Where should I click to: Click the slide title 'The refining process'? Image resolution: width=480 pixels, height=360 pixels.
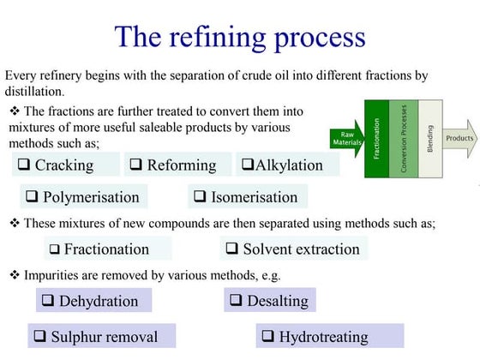coord(240,36)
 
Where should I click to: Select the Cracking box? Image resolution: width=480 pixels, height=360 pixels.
coord(63,165)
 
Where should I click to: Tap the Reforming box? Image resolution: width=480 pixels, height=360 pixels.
coord(178,165)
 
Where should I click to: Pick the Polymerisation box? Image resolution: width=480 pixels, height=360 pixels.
coord(82,196)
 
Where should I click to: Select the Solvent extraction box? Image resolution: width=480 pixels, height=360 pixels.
coord(293,249)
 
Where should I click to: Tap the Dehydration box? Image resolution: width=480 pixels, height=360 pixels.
coord(93,300)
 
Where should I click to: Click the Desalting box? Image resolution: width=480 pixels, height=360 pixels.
coord(270,300)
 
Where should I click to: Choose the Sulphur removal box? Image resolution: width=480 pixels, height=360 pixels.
coord(93,336)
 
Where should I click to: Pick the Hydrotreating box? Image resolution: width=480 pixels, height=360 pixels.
coord(329,336)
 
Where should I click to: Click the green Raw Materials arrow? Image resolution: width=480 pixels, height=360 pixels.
coord(346,138)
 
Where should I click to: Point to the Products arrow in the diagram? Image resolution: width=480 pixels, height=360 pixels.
coord(459,137)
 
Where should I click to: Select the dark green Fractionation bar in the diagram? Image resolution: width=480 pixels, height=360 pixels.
coord(376,138)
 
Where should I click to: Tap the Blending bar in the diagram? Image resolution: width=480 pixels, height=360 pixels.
coord(429,138)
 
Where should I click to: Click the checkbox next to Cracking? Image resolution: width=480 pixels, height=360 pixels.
coord(24,165)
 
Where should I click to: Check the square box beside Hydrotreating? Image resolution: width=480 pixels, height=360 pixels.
coord(267,336)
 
